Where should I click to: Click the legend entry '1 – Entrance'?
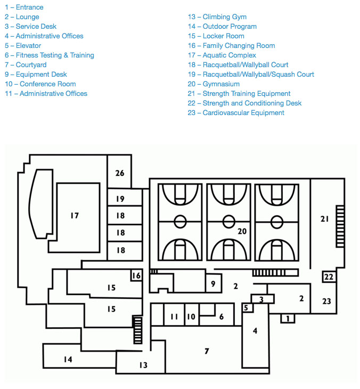pyautogui.click(x=24, y=7)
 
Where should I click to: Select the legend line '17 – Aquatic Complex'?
pyautogui.click(x=222, y=55)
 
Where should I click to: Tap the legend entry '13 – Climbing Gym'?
pyautogui.click(x=217, y=17)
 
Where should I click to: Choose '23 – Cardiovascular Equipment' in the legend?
pyautogui.click(x=236, y=113)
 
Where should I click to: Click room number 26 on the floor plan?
pyautogui.click(x=120, y=173)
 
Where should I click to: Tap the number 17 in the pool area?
pyautogui.click(x=75, y=216)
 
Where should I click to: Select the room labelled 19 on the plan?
pyautogui.click(x=120, y=199)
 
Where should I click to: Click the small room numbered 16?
pyautogui.click(x=137, y=275)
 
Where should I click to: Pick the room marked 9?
pyautogui.click(x=213, y=284)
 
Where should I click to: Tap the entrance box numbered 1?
pyautogui.click(x=288, y=319)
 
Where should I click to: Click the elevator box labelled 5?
pyautogui.click(x=246, y=308)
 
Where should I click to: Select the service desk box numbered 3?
pyautogui.click(x=261, y=299)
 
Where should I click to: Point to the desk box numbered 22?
pyautogui.click(x=329, y=277)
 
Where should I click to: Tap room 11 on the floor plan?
pyautogui.click(x=174, y=317)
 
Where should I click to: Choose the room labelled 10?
pyautogui.click(x=191, y=317)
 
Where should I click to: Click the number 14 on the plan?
pyautogui.click(x=68, y=360)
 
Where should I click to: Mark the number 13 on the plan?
pyautogui.click(x=143, y=366)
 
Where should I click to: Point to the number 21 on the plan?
pyautogui.click(x=325, y=219)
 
